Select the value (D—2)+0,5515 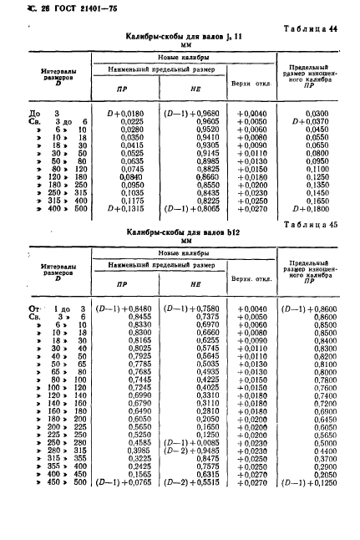coord(190,506)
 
